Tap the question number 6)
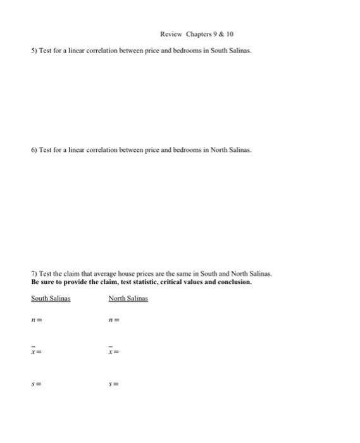click(34, 151)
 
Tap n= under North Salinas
click(113, 321)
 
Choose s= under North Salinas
click(113, 383)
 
